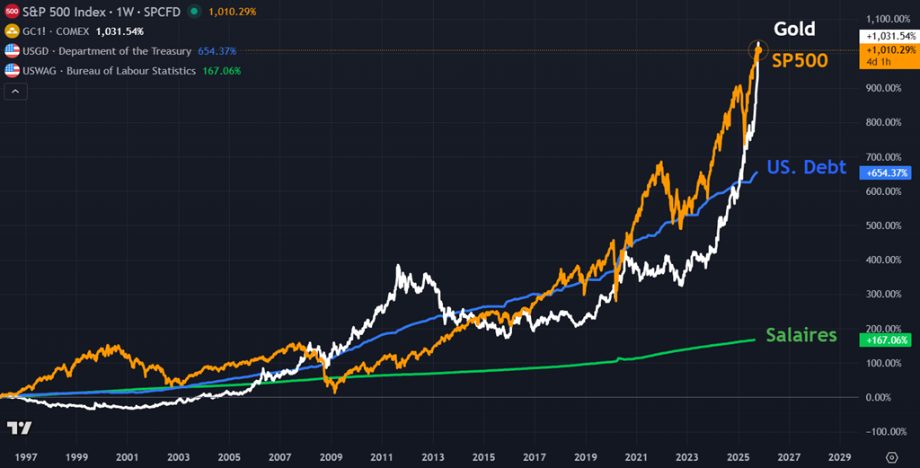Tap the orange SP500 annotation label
[x=800, y=61]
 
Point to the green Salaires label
[x=801, y=335]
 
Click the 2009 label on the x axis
[x=332, y=456]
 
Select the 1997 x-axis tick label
[x=25, y=456]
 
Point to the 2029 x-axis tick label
[x=840, y=456]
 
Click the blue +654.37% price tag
[x=885, y=172]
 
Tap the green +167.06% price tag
[x=885, y=340]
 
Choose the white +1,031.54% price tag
[x=886, y=36]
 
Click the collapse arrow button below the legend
[x=14, y=91]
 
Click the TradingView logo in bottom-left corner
[x=20, y=428]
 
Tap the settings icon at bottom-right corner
[x=891, y=456]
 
